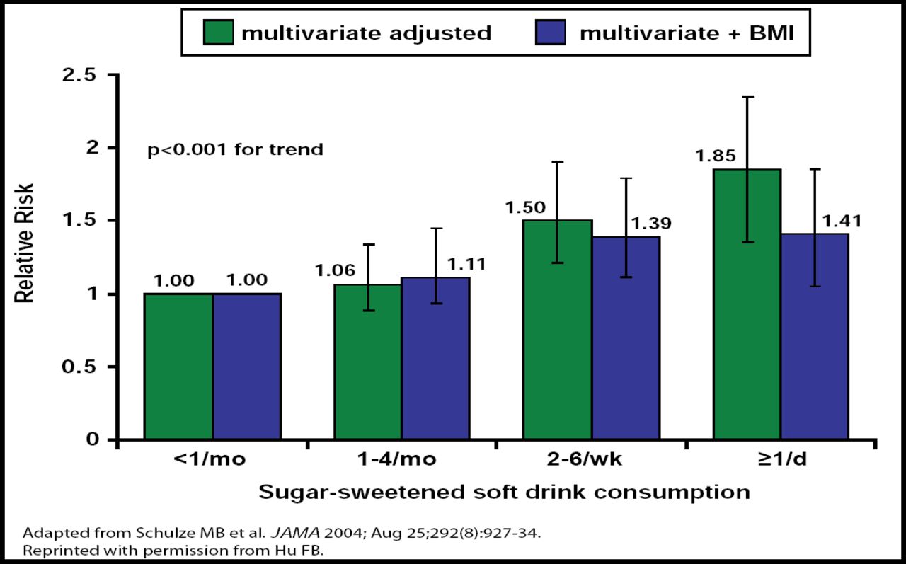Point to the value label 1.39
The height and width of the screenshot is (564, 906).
coord(651,224)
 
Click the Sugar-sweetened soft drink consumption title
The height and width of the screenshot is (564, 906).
coord(503,492)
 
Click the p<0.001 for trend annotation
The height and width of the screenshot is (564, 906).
coord(235,150)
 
